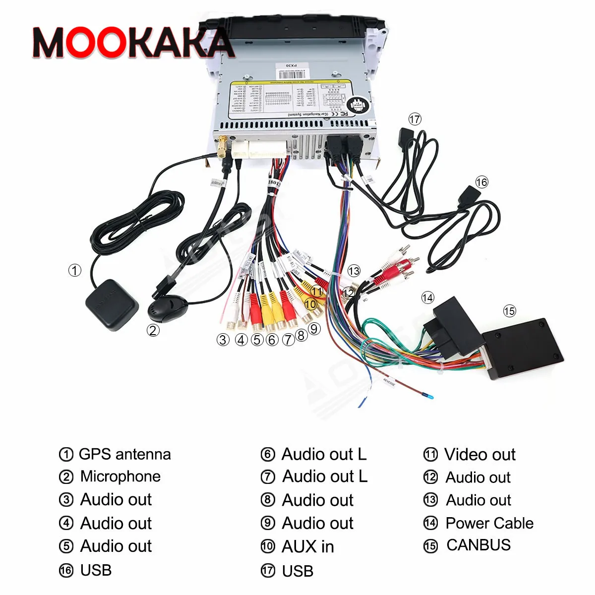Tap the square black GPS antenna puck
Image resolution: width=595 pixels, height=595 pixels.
(x=112, y=305)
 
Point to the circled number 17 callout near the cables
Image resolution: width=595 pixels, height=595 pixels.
(x=415, y=119)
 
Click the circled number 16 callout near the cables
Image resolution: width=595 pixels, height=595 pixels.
(x=481, y=182)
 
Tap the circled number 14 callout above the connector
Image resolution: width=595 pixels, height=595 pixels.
(x=427, y=297)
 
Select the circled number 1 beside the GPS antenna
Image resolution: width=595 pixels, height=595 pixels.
(x=74, y=270)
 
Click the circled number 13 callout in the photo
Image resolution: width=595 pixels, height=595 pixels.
(x=354, y=271)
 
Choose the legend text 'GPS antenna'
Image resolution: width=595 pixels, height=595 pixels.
(x=124, y=454)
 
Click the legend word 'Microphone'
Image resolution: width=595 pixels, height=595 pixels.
(x=120, y=476)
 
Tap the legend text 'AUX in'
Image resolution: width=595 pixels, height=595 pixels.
(x=307, y=546)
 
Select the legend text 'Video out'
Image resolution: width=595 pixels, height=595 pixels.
(x=479, y=454)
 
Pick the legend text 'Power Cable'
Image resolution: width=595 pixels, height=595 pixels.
(x=489, y=523)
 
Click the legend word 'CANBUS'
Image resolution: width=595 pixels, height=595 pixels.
(x=478, y=545)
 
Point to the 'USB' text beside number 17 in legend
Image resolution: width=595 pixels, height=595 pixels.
(x=297, y=571)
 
